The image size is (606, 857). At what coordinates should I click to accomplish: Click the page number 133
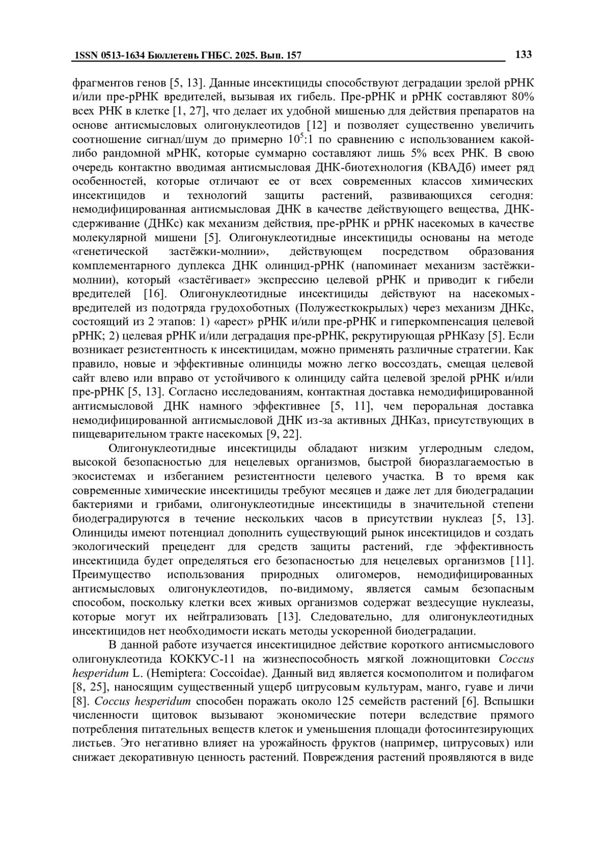click(523, 55)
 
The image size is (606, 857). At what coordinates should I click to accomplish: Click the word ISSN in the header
click(86, 56)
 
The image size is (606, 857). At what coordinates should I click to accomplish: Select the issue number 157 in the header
click(293, 56)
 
